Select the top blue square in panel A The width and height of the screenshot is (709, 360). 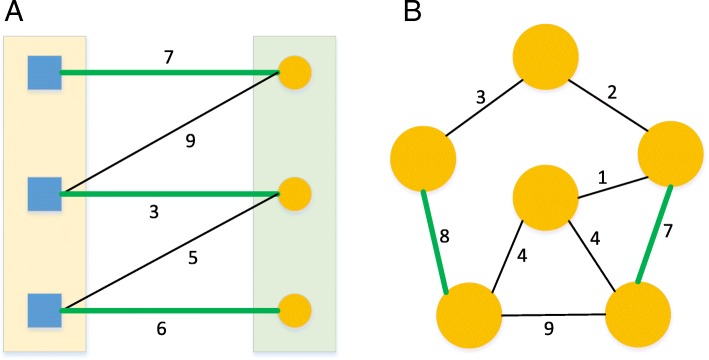click(x=45, y=72)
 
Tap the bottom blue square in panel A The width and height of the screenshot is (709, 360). click(x=45, y=310)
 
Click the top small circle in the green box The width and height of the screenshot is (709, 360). click(x=294, y=72)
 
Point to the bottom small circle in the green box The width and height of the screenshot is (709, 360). click(x=294, y=310)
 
